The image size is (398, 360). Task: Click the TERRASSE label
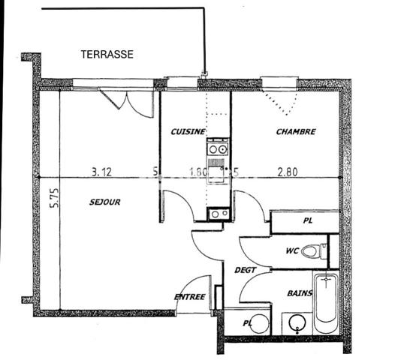coord(107,54)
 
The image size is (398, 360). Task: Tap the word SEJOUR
coord(104,202)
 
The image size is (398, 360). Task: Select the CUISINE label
coord(188,132)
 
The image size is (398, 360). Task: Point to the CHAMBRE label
coord(296,132)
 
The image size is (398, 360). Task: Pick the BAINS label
coord(300,293)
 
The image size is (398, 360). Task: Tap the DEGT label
coord(246,270)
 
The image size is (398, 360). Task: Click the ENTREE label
coord(190,297)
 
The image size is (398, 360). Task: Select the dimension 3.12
coord(101,171)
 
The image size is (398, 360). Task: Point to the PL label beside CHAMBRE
coord(308,221)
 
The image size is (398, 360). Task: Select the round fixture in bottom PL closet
coord(259,323)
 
